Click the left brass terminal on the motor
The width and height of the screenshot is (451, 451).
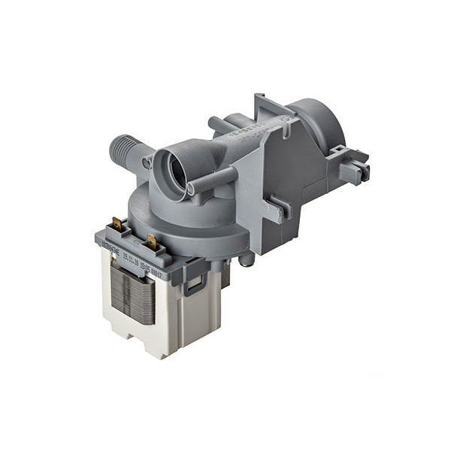pyautogui.click(x=118, y=223)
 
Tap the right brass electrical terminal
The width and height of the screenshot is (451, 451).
pyautogui.click(x=152, y=242)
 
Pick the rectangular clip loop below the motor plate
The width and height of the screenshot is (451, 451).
pyautogui.click(x=193, y=283)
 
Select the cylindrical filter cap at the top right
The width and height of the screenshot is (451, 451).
pyautogui.click(x=316, y=123)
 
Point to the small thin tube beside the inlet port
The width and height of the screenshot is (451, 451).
pyautogui.click(x=214, y=181)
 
